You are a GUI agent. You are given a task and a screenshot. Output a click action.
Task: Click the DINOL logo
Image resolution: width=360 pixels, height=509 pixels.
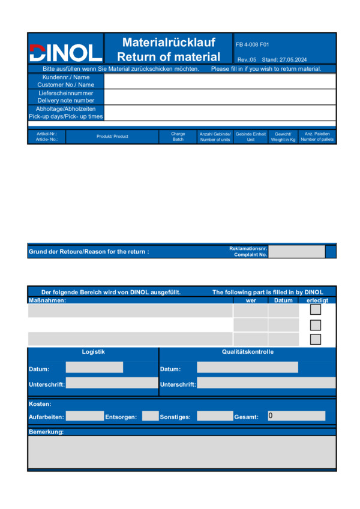tap(65, 52)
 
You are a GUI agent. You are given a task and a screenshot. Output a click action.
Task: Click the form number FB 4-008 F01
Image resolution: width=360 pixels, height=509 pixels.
tap(253, 44)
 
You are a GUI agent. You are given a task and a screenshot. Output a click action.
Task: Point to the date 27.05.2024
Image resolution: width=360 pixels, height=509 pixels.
tap(293, 59)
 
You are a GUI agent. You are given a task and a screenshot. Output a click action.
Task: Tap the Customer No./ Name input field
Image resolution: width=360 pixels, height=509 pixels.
tap(220, 81)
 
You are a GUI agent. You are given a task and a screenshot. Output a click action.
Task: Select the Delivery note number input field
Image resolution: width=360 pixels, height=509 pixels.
tap(220, 97)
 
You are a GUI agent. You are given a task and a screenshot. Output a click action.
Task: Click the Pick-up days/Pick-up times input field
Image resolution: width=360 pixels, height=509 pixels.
tap(220, 113)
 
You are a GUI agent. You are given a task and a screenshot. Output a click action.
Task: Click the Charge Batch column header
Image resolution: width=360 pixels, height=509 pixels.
tap(178, 137)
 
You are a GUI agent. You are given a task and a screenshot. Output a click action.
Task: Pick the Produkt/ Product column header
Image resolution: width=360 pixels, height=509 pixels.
tap(112, 137)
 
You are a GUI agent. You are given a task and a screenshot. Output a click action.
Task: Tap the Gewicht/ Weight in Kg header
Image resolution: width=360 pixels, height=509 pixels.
tap(283, 137)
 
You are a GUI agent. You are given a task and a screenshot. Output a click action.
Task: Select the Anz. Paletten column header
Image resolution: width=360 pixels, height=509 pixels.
tap(317, 137)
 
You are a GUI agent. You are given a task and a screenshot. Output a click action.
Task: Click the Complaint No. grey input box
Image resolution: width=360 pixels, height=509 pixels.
tap(296, 251)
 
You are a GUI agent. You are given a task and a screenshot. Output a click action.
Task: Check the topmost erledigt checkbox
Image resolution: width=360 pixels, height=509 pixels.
tap(315, 310)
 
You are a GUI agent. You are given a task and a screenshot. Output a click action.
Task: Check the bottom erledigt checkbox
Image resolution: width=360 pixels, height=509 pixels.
tap(315, 339)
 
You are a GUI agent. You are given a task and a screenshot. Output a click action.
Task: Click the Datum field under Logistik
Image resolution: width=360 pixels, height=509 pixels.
tap(94, 368)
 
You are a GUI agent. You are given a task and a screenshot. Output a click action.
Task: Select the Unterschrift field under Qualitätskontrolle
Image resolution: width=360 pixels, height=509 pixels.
tap(266, 383)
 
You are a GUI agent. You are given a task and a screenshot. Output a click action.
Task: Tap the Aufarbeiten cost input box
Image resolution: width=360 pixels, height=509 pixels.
tap(85, 416)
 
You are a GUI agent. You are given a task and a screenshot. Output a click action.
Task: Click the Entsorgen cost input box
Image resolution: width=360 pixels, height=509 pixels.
tap(150, 416)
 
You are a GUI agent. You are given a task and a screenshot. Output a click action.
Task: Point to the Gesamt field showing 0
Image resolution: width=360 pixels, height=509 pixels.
tap(296, 416)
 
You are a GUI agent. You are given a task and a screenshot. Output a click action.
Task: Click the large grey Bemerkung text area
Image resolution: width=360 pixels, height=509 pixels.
tap(182, 452)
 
